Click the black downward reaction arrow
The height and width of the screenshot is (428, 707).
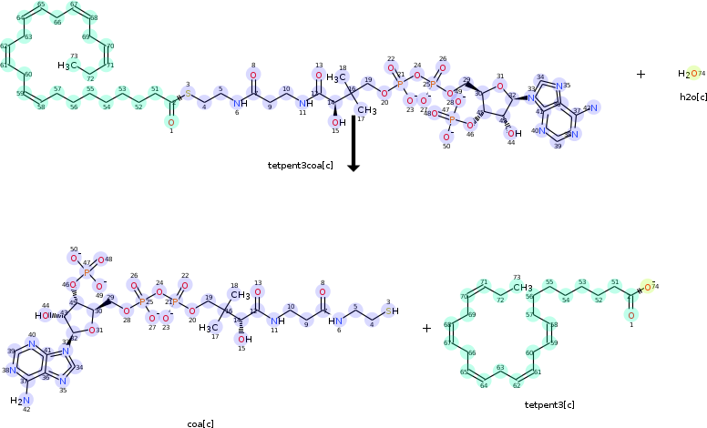coord(353,146)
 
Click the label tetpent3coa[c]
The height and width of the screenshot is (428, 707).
coord(300,165)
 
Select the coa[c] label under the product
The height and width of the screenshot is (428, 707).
coord(200,423)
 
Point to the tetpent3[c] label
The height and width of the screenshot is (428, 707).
coord(549,404)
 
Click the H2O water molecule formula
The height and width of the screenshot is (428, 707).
coord(687,74)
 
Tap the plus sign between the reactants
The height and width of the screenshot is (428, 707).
coord(640,74)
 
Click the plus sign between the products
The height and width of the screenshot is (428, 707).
coord(426,328)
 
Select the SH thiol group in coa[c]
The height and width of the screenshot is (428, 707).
coord(393,311)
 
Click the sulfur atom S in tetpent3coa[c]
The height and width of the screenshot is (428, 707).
coord(189,94)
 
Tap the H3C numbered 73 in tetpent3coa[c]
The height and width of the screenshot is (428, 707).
coord(67,66)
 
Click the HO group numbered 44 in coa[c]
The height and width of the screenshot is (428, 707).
coord(46,316)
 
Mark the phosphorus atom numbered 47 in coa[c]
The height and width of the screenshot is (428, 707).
coord(87,271)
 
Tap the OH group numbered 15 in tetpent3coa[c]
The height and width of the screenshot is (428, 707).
coord(337,123)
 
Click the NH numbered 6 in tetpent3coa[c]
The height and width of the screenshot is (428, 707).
coord(239,102)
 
